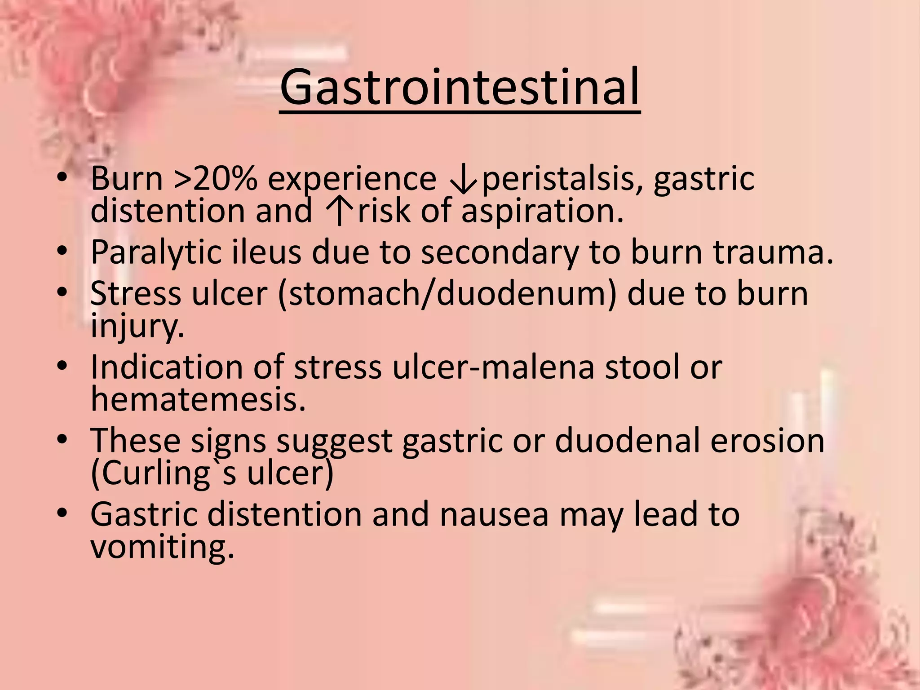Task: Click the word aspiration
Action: [542, 211]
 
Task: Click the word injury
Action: [137, 326]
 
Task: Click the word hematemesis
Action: [198, 400]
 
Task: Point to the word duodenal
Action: [627, 441]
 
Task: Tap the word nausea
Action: [494, 515]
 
